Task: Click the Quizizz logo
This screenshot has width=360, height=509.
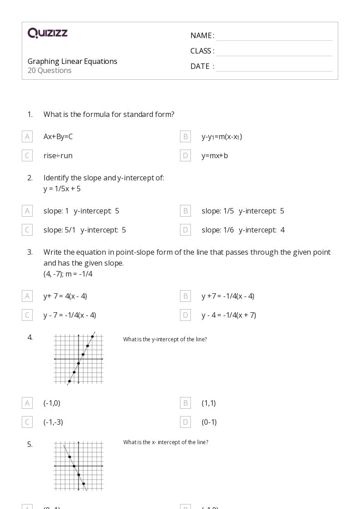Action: (x=48, y=33)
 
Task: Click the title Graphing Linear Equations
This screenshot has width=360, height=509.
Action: (x=73, y=61)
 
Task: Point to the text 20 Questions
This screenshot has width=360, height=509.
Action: (x=49, y=70)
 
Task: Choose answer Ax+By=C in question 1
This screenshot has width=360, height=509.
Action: (x=58, y=136)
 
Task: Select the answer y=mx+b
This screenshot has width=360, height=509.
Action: (x=215, y=155)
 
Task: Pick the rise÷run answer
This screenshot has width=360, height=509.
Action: (x=58, y=155)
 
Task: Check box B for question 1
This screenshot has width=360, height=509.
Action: (x=185, y=136)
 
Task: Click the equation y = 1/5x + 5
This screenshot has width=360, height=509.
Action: (x=62, y=189)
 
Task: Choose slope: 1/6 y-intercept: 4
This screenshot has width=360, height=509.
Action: (x=243, y=230)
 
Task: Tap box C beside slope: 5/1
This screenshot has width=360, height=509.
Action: (x=27, y=230)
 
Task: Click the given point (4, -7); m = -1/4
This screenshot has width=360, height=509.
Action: (x=68, y=274)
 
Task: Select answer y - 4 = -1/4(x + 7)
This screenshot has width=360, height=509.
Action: (x=229, y=315)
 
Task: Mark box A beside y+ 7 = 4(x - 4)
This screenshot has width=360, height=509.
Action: (x=27, y=296)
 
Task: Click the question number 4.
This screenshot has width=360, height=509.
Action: (x=30, y=337)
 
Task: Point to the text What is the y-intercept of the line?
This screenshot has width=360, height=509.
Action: (x=165, y=339)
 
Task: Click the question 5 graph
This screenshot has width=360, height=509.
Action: (x=78, y=466)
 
